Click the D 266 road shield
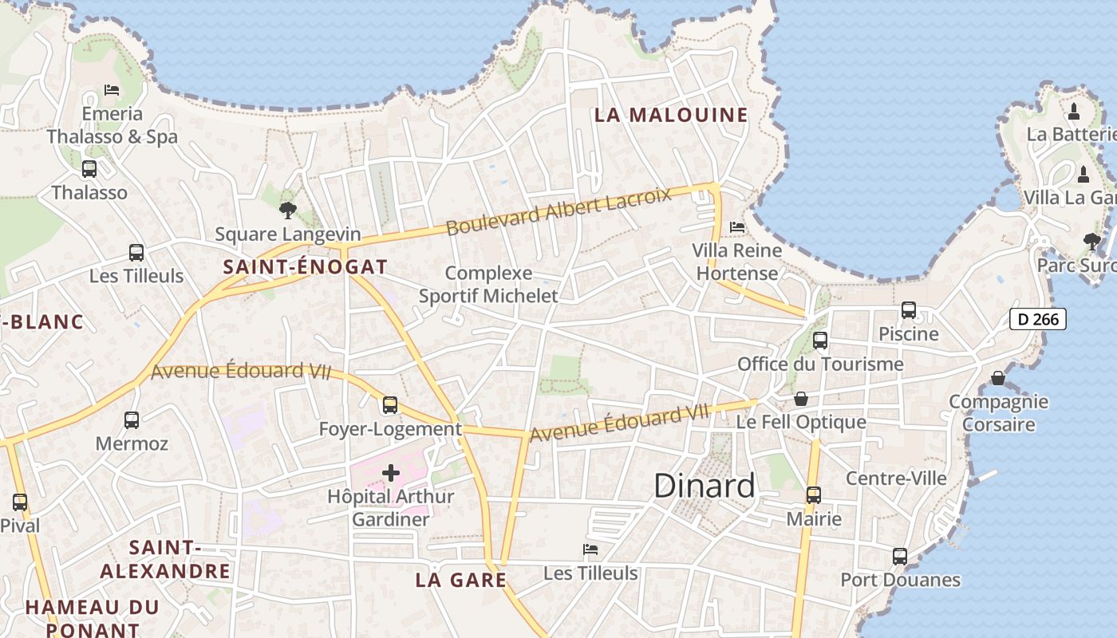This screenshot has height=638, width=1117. coord(1038,320)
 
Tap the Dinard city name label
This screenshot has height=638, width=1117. coord(705,486)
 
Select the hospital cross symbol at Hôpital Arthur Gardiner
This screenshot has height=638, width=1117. coord(391,473)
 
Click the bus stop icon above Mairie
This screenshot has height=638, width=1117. coord(814,495)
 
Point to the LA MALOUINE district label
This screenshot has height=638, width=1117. coord(671,115)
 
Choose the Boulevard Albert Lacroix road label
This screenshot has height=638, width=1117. coord(558,212)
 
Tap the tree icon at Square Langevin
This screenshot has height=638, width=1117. coord(288,211)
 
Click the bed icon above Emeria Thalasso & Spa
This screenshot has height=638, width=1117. coord(112,90)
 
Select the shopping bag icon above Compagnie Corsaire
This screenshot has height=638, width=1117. coord(998,377)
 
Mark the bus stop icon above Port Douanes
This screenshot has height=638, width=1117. coord(900,556)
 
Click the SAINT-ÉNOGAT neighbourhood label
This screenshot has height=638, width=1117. coord(306,267)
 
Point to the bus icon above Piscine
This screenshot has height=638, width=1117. coord(909,310)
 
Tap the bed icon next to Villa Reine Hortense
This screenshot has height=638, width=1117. coord(737,227)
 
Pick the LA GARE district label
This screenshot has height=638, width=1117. coord(461,580)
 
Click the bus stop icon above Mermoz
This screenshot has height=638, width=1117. coord(132,419)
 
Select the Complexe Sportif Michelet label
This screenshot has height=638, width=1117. coord(488,285)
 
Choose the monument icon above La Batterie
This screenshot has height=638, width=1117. coord(1074,111)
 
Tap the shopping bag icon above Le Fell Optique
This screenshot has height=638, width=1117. coord(801,399)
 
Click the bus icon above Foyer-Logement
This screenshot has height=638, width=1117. coord(390,405)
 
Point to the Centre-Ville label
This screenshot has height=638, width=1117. coord(896,478)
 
